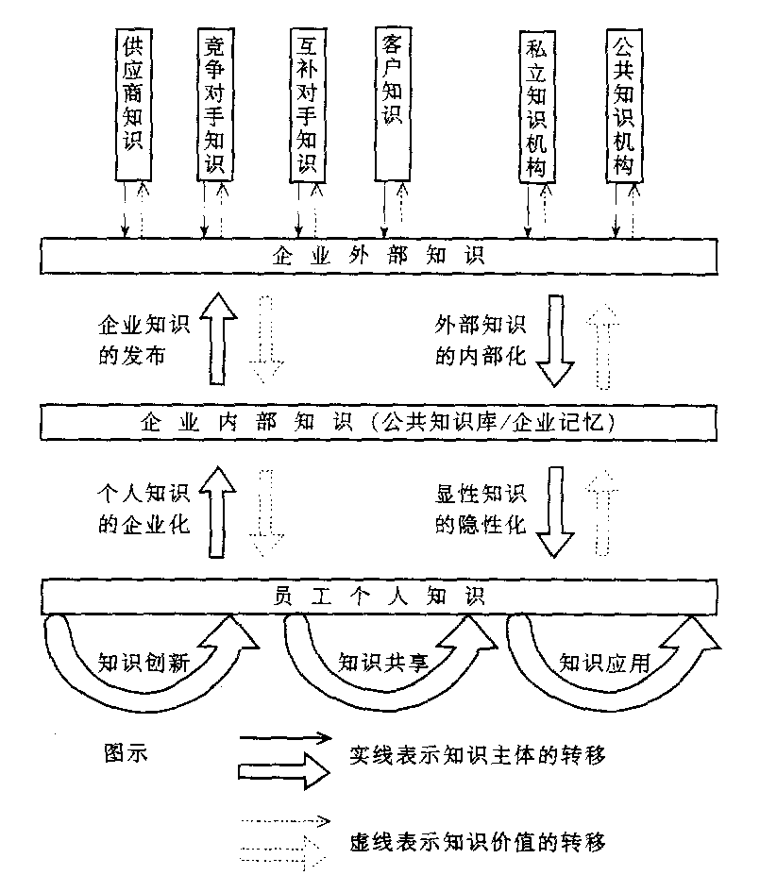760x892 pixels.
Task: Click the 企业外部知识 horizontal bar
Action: tap(378, 256)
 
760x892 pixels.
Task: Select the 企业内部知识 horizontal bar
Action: tap(378, 420)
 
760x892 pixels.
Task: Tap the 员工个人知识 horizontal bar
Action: tap(378, 597)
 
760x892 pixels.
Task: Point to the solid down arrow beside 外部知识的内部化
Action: tap(555, 340)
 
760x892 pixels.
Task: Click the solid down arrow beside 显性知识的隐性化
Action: tap(555, 510)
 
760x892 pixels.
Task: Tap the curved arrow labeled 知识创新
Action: tap(151, 661)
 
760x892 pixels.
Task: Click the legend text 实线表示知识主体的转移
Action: tap(477, 754)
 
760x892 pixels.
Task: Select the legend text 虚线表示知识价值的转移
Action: tap(477, 840)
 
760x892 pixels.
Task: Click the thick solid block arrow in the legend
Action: tap(283, 771)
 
